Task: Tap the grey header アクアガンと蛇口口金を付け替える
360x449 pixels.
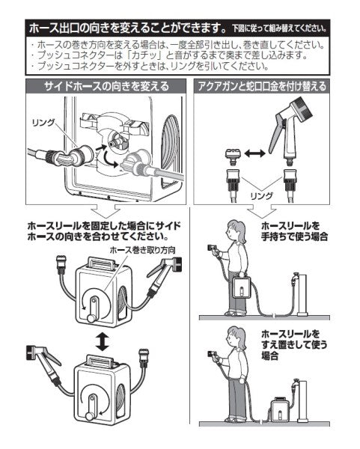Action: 261,87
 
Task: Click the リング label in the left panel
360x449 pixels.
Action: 43,121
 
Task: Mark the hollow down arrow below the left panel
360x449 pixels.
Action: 100,211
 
